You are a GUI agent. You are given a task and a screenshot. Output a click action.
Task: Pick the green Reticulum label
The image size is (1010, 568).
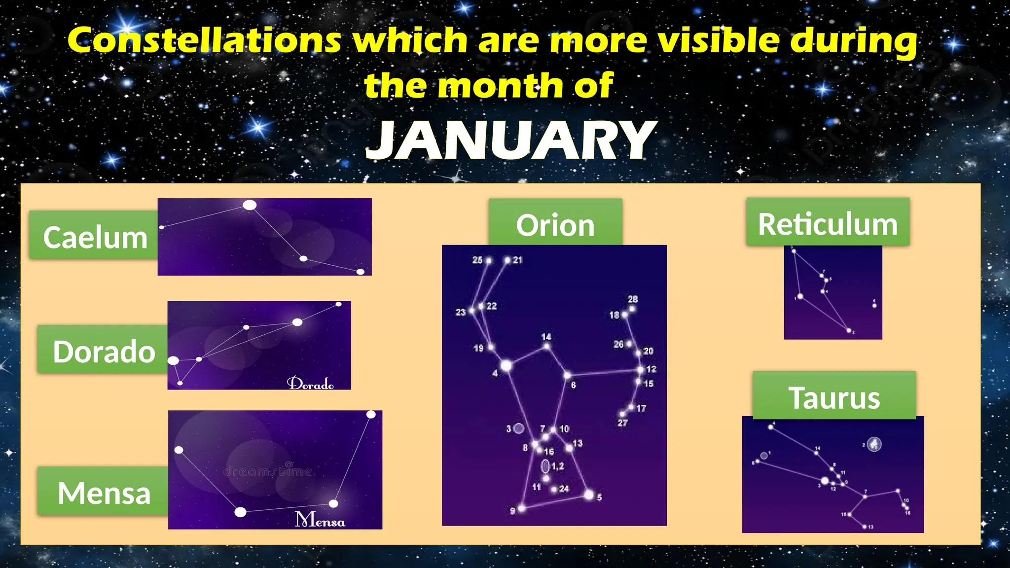click(828, 223)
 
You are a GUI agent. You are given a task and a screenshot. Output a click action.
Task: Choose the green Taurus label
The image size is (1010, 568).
click(834, 396)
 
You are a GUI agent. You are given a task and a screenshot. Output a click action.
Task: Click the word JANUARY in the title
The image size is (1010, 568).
click(511, 140)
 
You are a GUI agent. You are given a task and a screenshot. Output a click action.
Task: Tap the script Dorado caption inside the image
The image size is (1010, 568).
click(311, 383)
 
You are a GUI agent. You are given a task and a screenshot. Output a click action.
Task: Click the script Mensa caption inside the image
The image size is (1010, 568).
click(320, 519)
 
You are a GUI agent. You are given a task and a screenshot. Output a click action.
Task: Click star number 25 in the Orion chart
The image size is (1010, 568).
click(489, 260)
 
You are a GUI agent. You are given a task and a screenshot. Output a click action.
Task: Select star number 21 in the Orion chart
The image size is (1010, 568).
click(507, 260)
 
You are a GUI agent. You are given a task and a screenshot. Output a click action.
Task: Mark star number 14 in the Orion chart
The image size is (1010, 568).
click(546, 346)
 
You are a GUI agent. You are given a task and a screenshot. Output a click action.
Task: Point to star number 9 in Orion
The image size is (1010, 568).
click(521, 508)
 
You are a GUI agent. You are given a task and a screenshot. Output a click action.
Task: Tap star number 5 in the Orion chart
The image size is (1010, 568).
click(589, 495)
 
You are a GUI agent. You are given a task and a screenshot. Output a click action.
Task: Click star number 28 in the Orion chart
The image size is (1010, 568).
click(632, 309)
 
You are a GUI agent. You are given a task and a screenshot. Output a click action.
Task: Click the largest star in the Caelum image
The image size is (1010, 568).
click(250, 205)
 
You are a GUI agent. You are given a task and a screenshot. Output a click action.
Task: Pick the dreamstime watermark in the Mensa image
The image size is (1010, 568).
click(267, 471)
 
